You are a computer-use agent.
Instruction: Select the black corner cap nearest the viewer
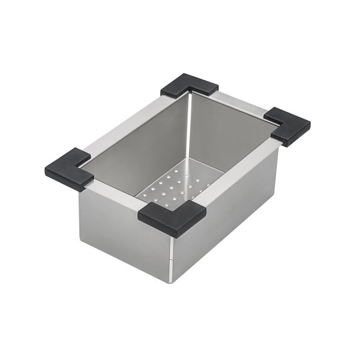pos(172,218)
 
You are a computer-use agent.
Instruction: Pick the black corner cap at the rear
pos(190,85)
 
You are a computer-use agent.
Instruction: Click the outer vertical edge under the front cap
pos(173,252)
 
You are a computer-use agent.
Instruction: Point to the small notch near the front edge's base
pos(173,262)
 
